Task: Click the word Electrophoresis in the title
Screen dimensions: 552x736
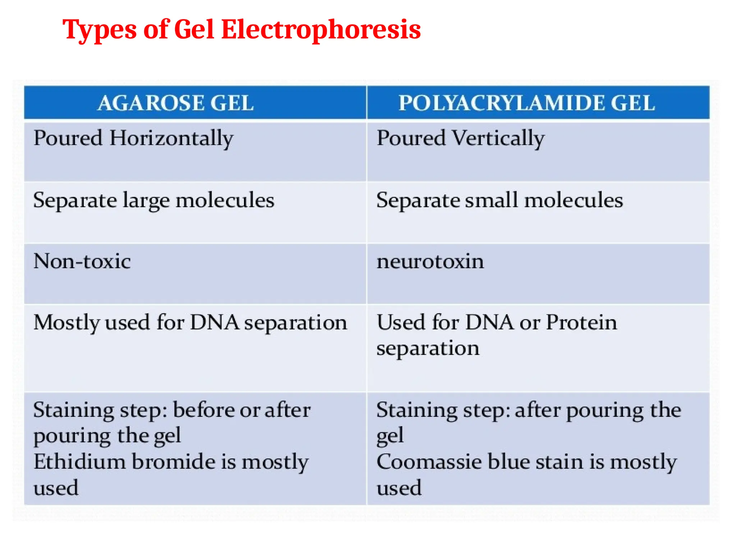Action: (x=321, y=29)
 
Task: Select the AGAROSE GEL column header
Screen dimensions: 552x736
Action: (x=175, y=103)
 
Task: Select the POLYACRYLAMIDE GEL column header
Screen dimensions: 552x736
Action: (x=527, y=103)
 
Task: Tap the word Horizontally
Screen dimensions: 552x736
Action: (x=171, y=139)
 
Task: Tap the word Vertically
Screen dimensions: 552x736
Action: (x=498, y=139)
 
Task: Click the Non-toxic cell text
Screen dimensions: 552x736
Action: (x=82, y=261)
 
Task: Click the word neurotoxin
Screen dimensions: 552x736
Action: (x=430, y=261)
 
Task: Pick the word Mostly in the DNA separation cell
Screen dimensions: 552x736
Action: (x=66, y=323)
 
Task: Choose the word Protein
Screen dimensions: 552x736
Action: (x=581, y=322)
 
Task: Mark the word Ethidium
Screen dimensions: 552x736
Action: (x=79, y=462)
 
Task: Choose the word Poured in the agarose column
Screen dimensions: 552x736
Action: (x=68, y=138)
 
